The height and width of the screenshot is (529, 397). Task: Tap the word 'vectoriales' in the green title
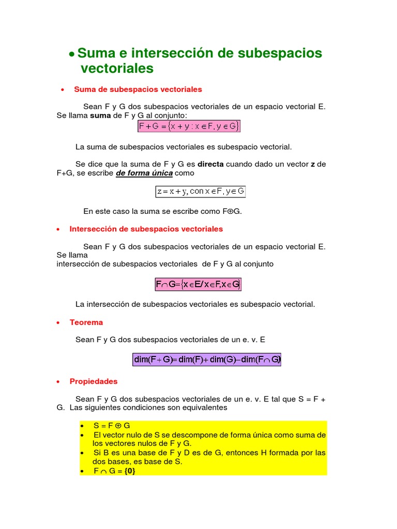pyautogui.click(x=117, y=68)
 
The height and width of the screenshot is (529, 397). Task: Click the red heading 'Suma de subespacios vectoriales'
pyautogui.click(x=138, y=89)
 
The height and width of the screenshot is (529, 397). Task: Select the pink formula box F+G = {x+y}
pyautogui.click(x=189, y=126)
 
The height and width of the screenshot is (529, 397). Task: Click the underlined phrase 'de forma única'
pyautogui.click(x=144, y=173)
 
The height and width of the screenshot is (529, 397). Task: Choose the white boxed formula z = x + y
pyautogui.click(x=201, y=191)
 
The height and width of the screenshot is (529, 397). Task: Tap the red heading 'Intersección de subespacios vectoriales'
pyautogui.click(x=146, y=228)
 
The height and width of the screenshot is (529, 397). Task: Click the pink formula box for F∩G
pyautogui.click(x=198, y=284)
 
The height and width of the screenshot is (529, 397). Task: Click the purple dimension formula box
pyautogui.click(x=207, y=360)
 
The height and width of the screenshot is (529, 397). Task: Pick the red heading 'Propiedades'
pyautogui.click(x=94, y=381)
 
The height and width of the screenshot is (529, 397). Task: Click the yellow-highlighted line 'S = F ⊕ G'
pyautogui.click(x=112, y=425)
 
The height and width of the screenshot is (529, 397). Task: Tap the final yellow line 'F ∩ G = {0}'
pyautogui.click(x=114, y=471)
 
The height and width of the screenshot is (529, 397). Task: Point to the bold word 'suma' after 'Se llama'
pyautogui.click(x=100, y=115)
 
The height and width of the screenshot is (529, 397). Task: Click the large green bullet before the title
pyautogui.click(x=72, y=54)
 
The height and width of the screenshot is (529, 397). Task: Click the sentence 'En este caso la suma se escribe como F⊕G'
pyautogui.click(x=162, y=211)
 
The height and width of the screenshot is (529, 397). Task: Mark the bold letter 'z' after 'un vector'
pyautogui.click(x=312, y=164)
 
